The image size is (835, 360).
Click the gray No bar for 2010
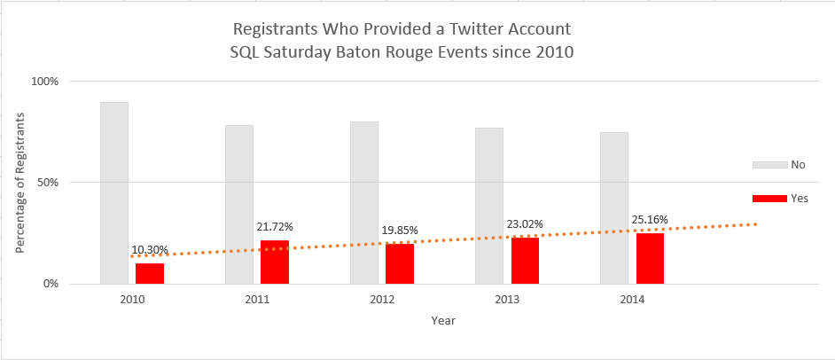[114, 193]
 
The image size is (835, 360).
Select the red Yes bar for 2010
[150, 273]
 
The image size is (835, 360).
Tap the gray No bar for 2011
[239, 204]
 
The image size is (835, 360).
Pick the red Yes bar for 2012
[400, 263]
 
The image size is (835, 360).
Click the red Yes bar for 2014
[650, 258]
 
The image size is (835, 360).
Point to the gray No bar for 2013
[489, 206]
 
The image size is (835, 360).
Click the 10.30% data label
[150, 251]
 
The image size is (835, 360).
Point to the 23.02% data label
[525, 224]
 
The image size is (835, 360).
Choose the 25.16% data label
[650, 219]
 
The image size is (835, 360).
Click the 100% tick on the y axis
[44, 82]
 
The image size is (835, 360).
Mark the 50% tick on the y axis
[47, 183]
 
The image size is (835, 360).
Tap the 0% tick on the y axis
[51, 285]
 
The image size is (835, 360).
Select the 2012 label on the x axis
[382, 301]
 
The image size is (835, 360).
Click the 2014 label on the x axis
[632, 301]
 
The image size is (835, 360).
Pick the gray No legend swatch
[769, 165]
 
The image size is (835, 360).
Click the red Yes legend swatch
[769, 199]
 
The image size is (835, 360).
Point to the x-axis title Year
[443, 320]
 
